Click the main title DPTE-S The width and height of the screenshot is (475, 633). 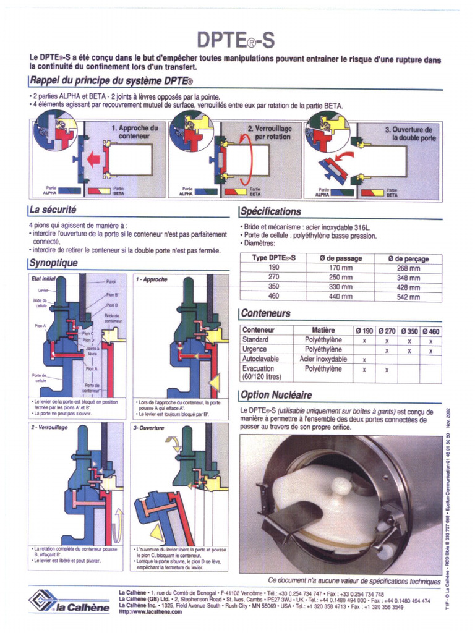235,40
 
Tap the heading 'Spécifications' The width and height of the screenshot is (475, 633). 271,211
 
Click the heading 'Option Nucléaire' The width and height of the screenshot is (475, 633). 276,395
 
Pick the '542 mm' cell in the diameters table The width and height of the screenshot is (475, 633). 408,297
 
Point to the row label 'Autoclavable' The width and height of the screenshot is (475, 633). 260,359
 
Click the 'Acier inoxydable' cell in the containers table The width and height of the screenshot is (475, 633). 323,359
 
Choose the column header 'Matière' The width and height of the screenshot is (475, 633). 323,330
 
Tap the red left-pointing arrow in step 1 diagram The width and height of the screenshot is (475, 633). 93,160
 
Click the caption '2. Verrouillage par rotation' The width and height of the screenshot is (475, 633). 270,132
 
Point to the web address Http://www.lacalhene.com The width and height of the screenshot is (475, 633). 150,612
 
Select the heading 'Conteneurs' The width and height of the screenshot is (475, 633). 266,313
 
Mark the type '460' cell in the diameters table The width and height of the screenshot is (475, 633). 274,297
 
